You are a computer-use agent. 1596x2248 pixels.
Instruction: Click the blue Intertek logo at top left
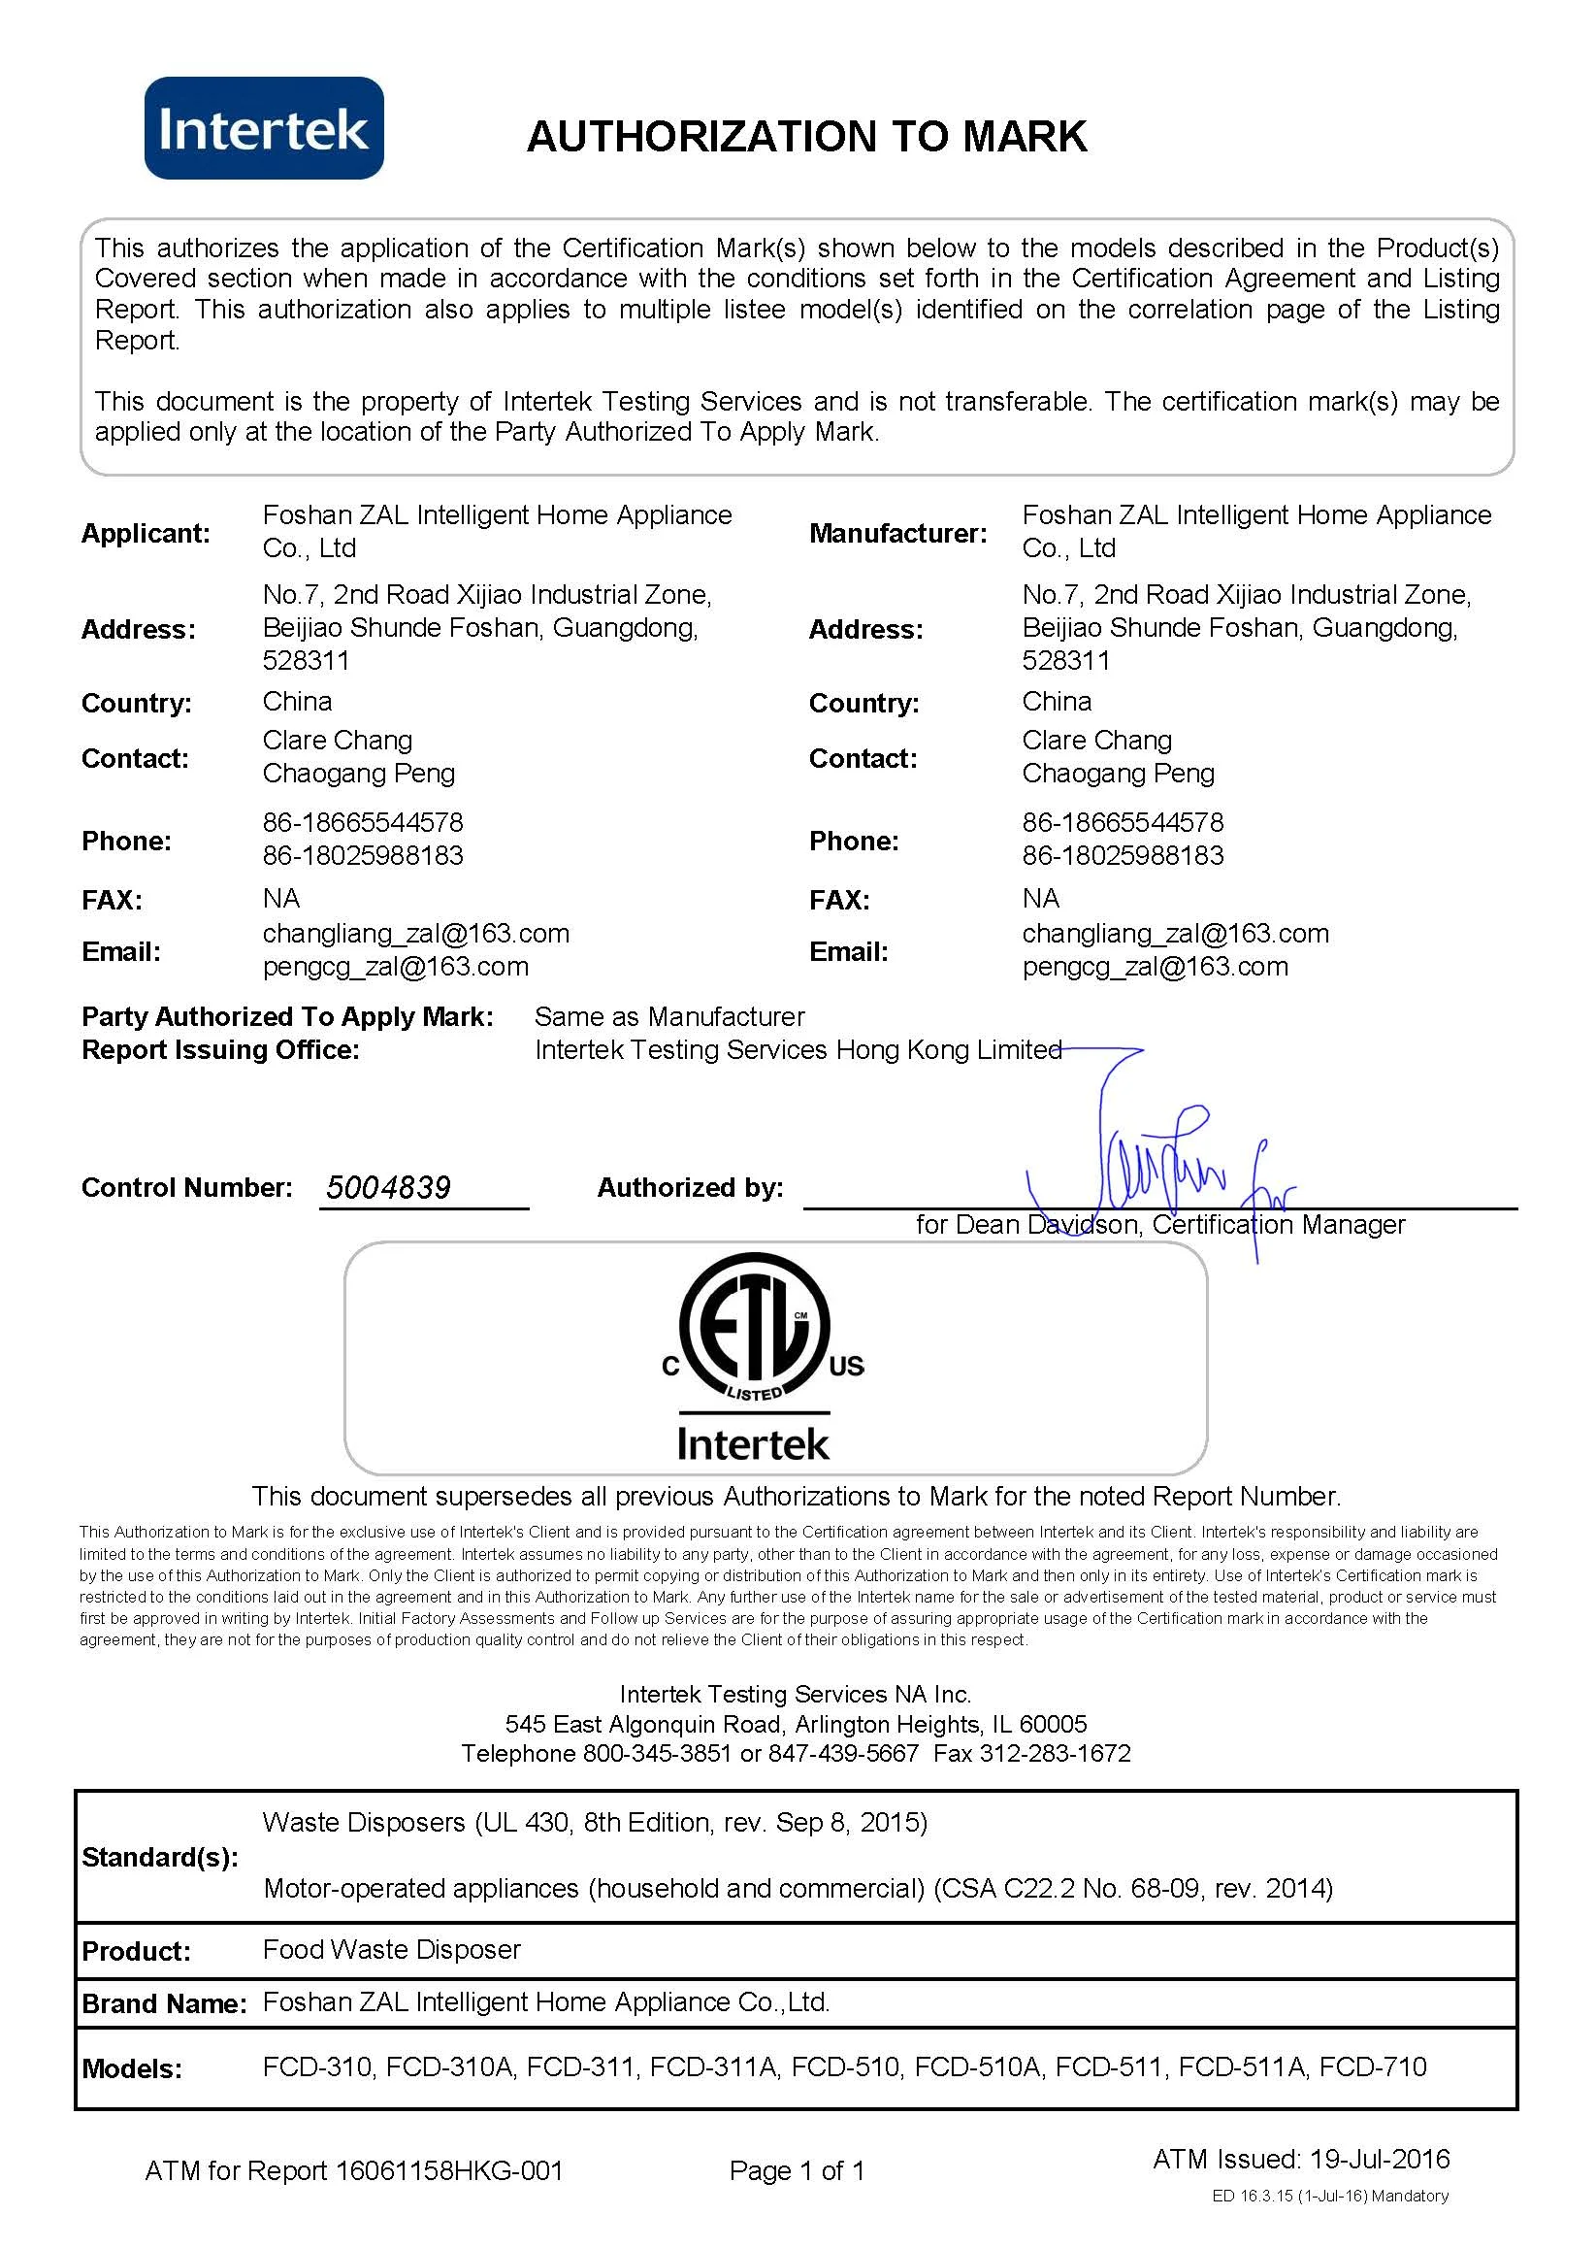click(x=263, y=129)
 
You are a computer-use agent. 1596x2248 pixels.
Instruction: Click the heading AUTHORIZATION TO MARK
click(x=807, y=137)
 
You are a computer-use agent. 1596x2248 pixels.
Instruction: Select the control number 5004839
click(x=388, y=1187)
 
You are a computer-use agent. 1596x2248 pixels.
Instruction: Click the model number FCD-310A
click(x=450, y=2066)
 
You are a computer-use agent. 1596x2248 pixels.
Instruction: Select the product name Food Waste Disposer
click(x=391, y=1949)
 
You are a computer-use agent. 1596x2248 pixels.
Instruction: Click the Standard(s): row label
click(x=160, y=1857)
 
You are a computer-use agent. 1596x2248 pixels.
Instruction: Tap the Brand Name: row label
click(x=164, y=2003)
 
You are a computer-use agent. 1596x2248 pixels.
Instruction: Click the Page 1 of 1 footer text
click(x=797, y=2170)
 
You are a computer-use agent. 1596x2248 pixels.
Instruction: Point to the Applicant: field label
click(x=146, y=534)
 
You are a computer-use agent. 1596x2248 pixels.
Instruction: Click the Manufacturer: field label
click(x=897, y=534)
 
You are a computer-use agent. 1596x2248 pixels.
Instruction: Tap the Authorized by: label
click(x=690, y=1187)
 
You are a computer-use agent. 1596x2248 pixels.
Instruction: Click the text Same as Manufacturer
click(x=669, y=1016)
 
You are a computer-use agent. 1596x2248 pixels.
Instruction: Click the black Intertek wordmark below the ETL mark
click(x=753, y=1444)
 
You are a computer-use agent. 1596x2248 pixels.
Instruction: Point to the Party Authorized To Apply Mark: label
click(x=287, y=1016)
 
